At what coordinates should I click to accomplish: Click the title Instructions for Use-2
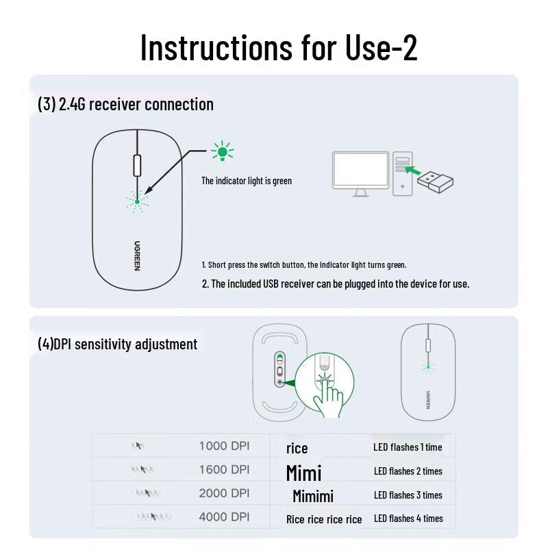(x=278, y=47)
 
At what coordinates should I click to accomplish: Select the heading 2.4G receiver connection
(x=125, y=104)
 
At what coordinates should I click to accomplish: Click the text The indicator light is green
(x=247, y=181)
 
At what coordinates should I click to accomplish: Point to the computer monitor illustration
(x=360, y=172)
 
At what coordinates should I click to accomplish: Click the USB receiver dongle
(x=434, y=182)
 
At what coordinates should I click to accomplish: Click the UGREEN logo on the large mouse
(x=137, y=256)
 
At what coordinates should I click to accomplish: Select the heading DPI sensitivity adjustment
(x=117, y=344)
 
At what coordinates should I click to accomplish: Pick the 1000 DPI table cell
(x=224, y=446)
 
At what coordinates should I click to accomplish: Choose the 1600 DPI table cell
(x=224, y=470)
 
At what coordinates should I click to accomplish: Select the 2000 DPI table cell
(x=224, y=493)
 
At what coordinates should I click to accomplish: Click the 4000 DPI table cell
(x=224, y=517)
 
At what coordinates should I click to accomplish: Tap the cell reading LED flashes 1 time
(x=408, y=447)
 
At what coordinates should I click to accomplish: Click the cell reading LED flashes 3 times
(x=408, y=495)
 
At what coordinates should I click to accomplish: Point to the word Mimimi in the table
(x=313, y=496)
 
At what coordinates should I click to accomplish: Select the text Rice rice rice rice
(x=324, y=519)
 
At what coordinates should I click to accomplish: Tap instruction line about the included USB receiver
(x=336, y=284)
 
